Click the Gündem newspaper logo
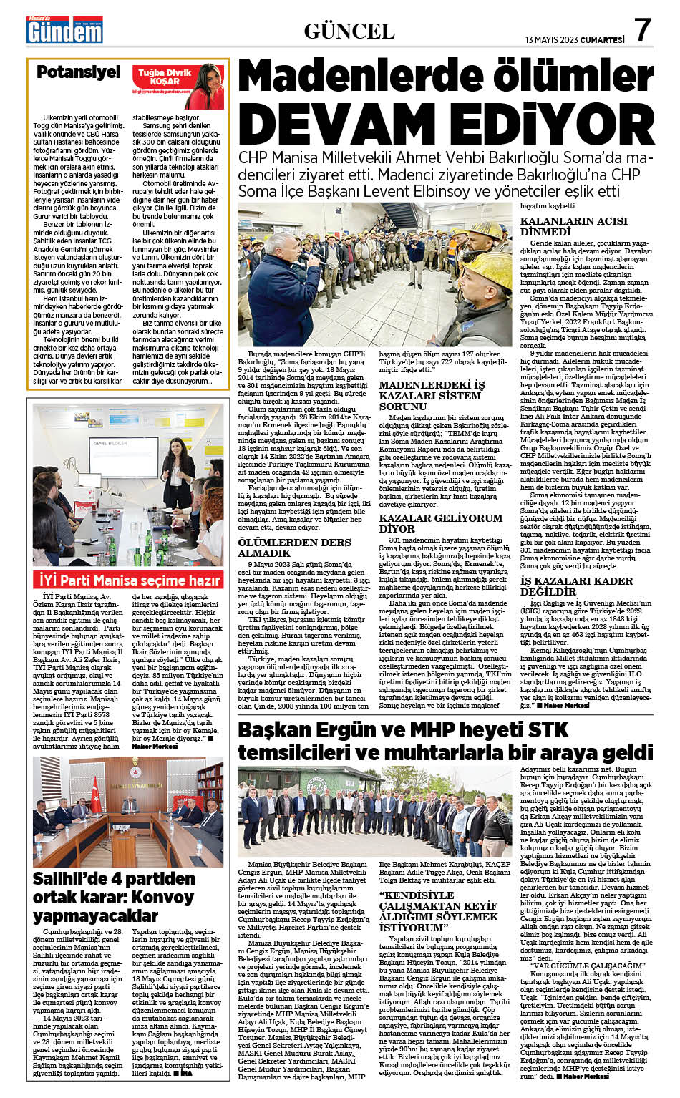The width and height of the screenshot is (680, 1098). pyautogui.click(x=64, y=30)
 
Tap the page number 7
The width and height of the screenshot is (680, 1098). pyautogui.click(x=643, y=30)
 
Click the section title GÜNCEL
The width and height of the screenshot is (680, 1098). pyautogui.click(x=349, y=31)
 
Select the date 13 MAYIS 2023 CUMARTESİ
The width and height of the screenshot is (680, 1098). pyautogui.click(x=574, y=40)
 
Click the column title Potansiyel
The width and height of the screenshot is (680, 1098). pyautogui.click(x=79, y=72)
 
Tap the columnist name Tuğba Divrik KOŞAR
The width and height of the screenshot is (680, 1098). pyautogui.click(x=165, y=77)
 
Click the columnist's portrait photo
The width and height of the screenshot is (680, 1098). pyautogui.click(x=208, y=84)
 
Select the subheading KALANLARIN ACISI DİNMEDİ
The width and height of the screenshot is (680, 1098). pyautogui.click(x=573, y=226)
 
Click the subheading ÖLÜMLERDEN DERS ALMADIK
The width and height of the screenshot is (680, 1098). pyautogui.click(x=294, y=548)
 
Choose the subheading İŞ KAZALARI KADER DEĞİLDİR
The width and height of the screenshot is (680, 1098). pyautogui.click(x=575, y=586)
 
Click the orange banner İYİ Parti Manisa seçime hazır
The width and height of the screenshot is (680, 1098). pyautogui.click(x=130, y=580)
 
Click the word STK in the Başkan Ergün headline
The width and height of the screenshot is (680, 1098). pyautogui.click(x=549, y=730)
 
